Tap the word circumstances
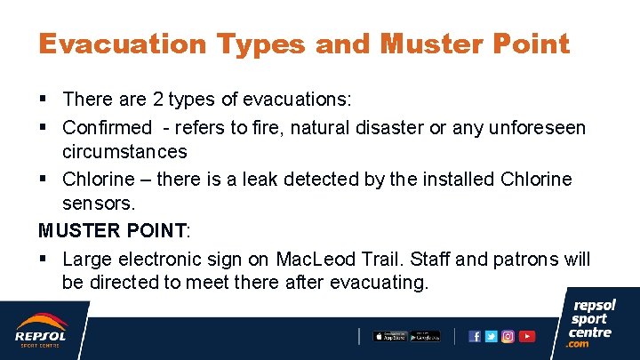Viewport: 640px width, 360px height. pos(124,151)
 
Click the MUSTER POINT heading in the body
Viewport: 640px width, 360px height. pos(113,230)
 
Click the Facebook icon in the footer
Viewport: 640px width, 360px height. pos(475,336)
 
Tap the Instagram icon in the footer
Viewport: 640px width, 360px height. pos(508,336)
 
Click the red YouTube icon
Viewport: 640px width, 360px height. pos(527,336)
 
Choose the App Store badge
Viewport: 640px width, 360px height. pos(389,336)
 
